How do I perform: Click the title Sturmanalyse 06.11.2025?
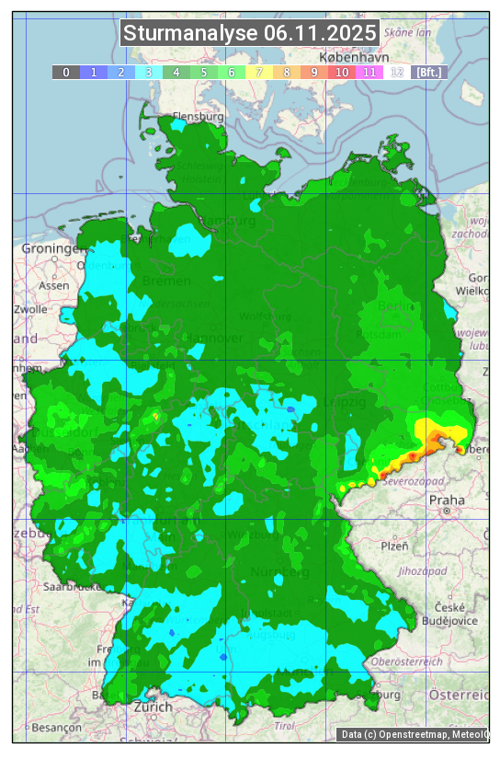(x=250, y=33)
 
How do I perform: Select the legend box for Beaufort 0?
(x=65, y=72)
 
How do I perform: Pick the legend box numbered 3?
(x=148, y=72)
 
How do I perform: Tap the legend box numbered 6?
(x=231, y=72)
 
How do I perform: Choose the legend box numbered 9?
(x=313, y=72)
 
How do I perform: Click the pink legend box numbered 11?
(x=369, y=72)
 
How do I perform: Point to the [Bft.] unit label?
(x=428, y=72)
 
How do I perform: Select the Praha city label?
(x=447, y=500)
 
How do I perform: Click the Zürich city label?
(x=153, y=707)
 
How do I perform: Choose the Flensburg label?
(x=199, y=117)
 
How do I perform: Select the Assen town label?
(x=55, y=285)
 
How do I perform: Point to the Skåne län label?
(x=405, y=31)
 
